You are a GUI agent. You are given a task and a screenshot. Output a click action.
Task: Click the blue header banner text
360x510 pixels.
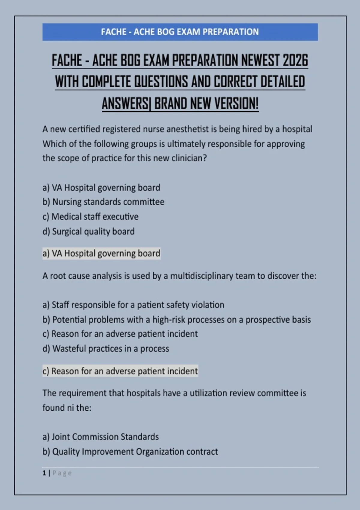pyautogui.click(x=180, y=32)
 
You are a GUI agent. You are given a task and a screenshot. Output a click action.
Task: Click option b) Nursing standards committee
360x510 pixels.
pyautogui.click(x=103, y=202)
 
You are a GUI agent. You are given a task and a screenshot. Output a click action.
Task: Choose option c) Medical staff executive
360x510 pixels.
pyautogui.click(x=90, y=217)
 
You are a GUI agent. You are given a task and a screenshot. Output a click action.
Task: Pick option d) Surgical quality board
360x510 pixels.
pyautogui.click(x=88, y=231)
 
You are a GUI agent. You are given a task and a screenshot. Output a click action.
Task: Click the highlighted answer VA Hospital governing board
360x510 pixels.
pyautogui.click(x=101, y=253)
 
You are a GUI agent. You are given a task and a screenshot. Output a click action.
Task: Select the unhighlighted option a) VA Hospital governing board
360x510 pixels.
pyautogui.click(x=101, y=188)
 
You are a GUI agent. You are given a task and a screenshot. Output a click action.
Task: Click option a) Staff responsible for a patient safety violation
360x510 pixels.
pyautogui.click(x=133, y=305)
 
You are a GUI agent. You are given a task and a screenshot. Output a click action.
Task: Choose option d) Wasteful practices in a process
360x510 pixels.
pyautogui.click(x=106, y=349)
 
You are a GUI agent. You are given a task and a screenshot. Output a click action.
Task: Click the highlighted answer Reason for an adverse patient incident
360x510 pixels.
pyautogui.click(x=120, y=371)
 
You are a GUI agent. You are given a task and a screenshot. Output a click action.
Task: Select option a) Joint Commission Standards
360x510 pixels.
pyautogui.click(x=100, y=437)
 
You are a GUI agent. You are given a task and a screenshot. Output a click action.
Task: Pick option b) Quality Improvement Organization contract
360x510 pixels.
pyautogui.click(x=130, y=451)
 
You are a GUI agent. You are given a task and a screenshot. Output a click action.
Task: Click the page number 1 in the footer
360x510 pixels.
pyautogui.click(x=44, y=473)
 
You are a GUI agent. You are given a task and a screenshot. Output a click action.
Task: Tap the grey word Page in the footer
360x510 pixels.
pyautogui.click(x=62, y=473)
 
